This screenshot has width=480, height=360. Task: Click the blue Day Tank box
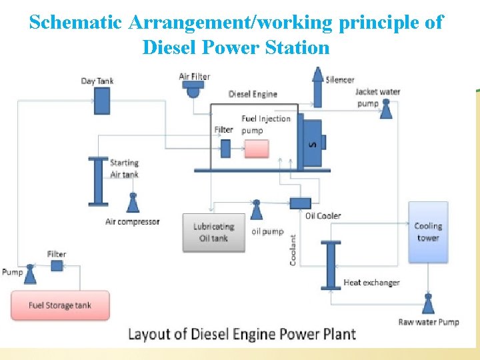point(102,101)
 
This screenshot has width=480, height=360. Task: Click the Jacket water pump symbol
point(385,111)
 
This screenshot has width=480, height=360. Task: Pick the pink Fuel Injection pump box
point(257,148)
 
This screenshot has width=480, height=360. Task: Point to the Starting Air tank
point(98,181)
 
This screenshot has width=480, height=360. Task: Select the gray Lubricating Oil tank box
point(213,232)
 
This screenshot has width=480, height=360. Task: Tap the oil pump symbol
point(256,210)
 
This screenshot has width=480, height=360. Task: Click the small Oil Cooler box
point(301,202)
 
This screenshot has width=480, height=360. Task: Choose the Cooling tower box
point(427,231)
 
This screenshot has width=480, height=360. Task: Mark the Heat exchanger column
point(330,265)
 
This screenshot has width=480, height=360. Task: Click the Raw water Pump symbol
point(428,304)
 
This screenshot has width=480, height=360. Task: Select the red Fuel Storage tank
point(60,305)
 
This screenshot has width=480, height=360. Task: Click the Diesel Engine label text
point(253,94)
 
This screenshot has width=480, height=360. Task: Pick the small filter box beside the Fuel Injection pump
point(225,149)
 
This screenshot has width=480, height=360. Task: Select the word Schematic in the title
point(75,23)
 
